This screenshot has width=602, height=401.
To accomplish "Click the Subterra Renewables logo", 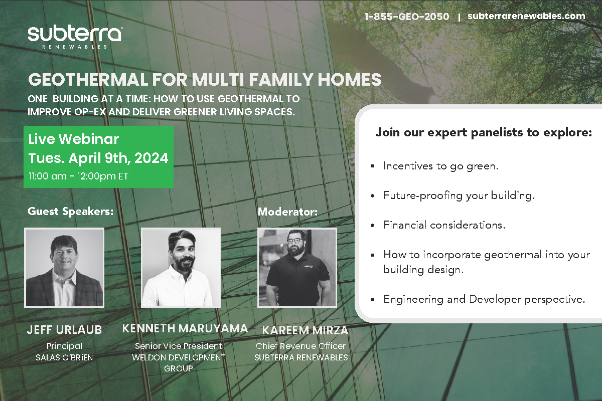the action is (75, 38).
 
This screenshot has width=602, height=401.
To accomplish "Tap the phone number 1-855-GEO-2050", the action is (407, 17).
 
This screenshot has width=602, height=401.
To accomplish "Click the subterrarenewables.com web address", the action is (526, 16).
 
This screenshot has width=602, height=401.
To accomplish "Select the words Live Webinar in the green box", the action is (74, 139).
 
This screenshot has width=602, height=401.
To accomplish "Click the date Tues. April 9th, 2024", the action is (98, 158).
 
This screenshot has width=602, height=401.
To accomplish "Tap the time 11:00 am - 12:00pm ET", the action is (78, 176).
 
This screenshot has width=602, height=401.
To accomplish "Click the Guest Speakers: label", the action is (71, 212).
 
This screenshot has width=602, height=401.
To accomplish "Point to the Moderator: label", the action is (287, 212).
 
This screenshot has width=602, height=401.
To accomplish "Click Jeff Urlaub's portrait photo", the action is (64, 268).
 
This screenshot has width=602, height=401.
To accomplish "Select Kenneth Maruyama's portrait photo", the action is (181, 268).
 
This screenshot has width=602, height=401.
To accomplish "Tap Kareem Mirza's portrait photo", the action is (297, 268).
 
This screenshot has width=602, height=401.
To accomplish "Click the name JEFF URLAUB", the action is (65, 330).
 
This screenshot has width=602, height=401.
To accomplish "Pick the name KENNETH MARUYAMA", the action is (185, 328).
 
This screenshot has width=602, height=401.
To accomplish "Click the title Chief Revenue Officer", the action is (300, 346).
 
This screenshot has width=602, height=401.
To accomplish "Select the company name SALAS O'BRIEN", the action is (64, 357).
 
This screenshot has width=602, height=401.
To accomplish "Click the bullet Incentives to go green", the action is (441, 166).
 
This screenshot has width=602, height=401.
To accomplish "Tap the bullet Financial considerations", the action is (444, 225).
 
